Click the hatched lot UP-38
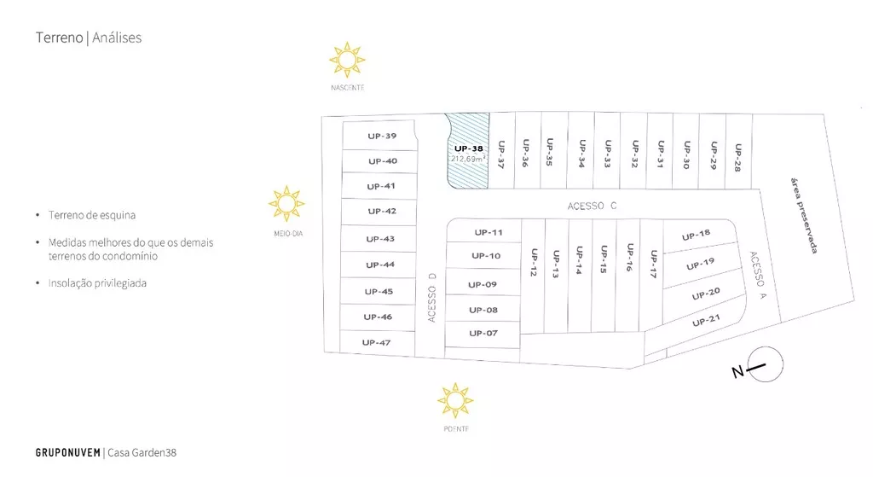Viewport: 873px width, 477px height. (x=469, y=151)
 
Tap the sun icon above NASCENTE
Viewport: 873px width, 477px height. (x=347, y=60)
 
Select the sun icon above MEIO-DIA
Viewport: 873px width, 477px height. (x=286, y=204)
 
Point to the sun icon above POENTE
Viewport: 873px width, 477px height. (x=455, y=400)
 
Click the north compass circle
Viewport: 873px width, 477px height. (x=766, y=364)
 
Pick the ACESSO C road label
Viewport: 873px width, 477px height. (x=592, y=206)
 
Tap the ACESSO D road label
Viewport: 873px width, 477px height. (x=432, y=297)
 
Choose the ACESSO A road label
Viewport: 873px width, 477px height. (x=758, y=276)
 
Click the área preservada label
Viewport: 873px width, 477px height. (x=804, y=216)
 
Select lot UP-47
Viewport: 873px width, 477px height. (x=377, y=342)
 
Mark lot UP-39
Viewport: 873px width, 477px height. (x=379, y=136)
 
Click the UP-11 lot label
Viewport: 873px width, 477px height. (x=489, y=232)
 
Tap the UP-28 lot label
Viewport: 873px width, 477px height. (x=738, y=158)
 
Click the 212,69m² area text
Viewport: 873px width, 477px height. (x=468, y=159)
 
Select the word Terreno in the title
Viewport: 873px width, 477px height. (x=59, y=38)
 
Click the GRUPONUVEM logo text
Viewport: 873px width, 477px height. (x=68, y=452)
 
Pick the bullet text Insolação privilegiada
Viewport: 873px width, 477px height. (x=97, y=283)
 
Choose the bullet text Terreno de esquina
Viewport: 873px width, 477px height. (x=92, y=215)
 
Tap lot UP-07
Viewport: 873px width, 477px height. (x=483, y=334)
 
